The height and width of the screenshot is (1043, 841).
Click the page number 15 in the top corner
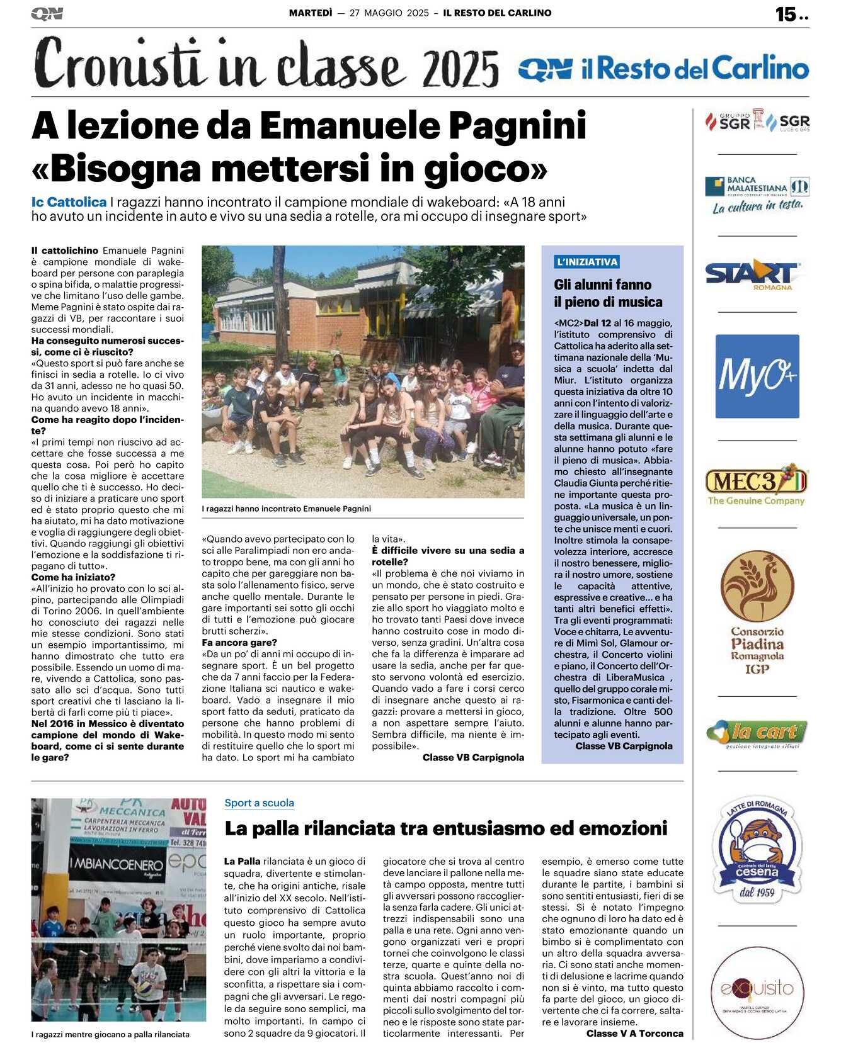pos(786,14)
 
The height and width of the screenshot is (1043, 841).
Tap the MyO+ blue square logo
pos(757,376)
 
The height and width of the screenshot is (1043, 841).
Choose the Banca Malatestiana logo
pos(757,195)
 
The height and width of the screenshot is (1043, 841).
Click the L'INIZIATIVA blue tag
pos(587,262)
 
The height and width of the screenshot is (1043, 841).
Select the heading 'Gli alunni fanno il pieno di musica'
pos(603,293)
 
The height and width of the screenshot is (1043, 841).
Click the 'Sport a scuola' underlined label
pos(260,803)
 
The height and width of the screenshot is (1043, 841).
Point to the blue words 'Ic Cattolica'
pos(69,202)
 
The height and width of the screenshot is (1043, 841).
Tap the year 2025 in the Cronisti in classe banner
pos(461,69)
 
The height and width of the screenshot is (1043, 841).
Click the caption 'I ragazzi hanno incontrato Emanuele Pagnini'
pos(286,509)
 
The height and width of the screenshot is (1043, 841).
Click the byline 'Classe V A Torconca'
pos(634,1033)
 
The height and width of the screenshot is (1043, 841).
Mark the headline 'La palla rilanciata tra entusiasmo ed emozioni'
pos(446,828)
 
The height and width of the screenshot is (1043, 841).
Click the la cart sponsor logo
pos(757,733)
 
